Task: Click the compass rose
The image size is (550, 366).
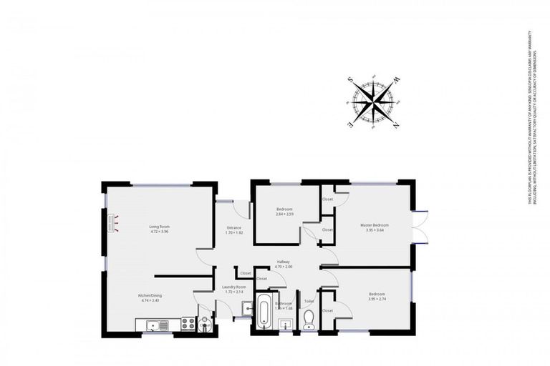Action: coord(373,102)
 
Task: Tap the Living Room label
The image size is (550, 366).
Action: coord(160,227)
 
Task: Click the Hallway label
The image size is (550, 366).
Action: coord(284,262)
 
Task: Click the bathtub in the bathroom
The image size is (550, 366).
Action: coord(264,312)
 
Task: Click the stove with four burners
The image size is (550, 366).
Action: coord(188,324)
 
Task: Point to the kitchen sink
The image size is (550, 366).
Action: coord(155,326)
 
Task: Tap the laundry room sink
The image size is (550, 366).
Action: coord(246,309)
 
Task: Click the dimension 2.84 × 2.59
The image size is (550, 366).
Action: coord(284,214)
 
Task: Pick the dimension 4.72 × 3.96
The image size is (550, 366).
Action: coord(160,232)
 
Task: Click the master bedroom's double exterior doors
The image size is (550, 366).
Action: coord(421,227)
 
